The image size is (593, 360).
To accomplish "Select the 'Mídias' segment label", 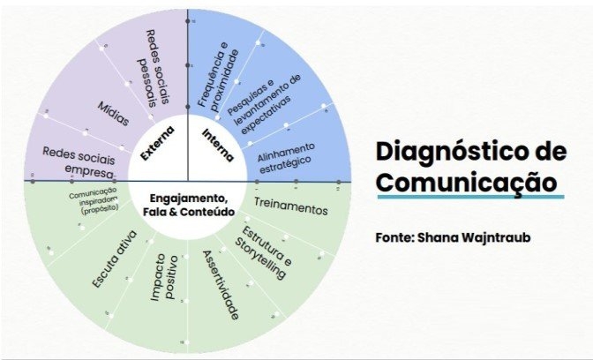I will pyautogui.click(x=113, y=113).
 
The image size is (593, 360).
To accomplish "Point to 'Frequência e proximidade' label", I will pyautogui.click(x=217, y=78).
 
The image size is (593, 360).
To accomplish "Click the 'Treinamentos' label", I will pyautogui.click(x=290, y=207).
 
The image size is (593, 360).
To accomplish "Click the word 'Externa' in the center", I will pyautogui.click(x=157, y=142).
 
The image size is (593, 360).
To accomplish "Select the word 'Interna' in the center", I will pyautogui.click(x=217, y=144).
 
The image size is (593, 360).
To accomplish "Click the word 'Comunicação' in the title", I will pyautogui.click(x=466, y=183).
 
